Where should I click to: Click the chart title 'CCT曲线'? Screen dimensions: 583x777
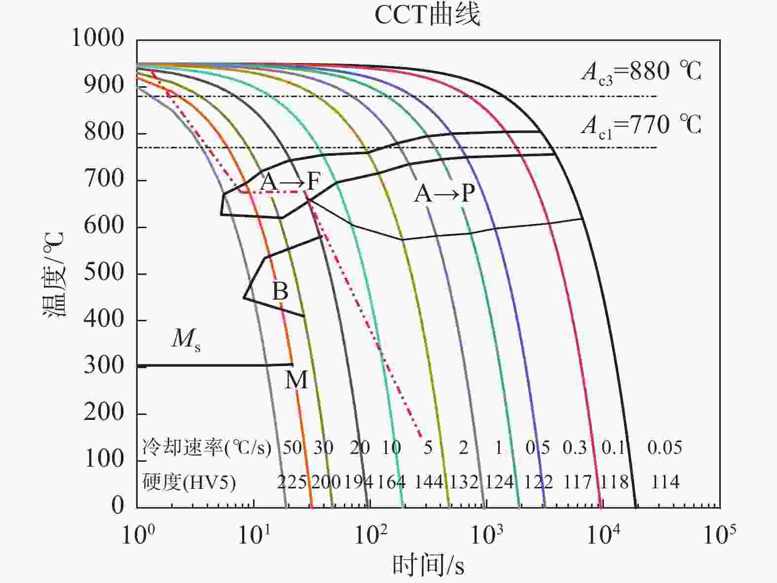click(427, 15)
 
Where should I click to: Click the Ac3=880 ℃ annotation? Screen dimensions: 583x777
click(641, 72)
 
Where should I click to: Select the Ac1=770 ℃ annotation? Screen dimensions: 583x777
click(641, 125)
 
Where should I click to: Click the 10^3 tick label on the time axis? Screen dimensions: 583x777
click(487, 535)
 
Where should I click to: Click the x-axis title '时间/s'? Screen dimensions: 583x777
click(428, 565)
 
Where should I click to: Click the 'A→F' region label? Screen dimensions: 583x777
click(290, 181)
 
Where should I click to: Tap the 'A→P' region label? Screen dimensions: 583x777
click(444, 194)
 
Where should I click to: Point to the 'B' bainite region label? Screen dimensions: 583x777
click(280, 291)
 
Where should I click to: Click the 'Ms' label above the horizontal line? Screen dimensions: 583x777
click(186, 340)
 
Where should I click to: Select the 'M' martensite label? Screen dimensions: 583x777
click(296, 380)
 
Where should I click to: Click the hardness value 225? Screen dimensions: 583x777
click(292, 482)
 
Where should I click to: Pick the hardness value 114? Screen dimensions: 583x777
click(665, 481)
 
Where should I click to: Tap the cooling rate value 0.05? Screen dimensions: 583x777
click(665, 447)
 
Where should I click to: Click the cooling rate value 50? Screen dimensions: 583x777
click(292, 447)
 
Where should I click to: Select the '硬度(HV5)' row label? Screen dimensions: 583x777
click(189, 482)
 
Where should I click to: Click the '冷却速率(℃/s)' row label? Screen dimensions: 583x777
click(207, 447)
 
